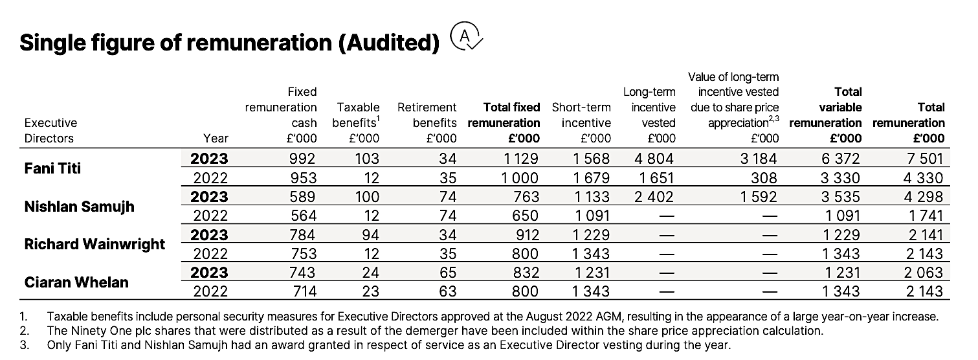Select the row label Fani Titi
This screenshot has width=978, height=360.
pyautogui.click(x=52, y=168)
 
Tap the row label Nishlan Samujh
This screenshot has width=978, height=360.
pyautogui.click(x=80, y=206)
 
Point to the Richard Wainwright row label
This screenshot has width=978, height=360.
pyautogui.click(x=94, y=244)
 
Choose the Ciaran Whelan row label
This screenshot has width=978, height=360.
pyautogui.click(x=76, y=282)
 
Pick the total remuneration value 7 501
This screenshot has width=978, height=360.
pyautogui.click(x=925, y=158)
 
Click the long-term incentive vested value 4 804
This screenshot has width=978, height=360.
pyautogui.click(x=654, y=158)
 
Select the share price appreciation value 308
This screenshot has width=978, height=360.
pyautogui.click(x=764, y=178)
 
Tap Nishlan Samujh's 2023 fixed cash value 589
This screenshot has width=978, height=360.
pyautogui.click(x=302, y=197)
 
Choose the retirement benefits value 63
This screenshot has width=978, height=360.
pyautogui.click(x=447, y=291)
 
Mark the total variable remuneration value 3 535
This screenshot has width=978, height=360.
pyautogui.click(x=840, y=197)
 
